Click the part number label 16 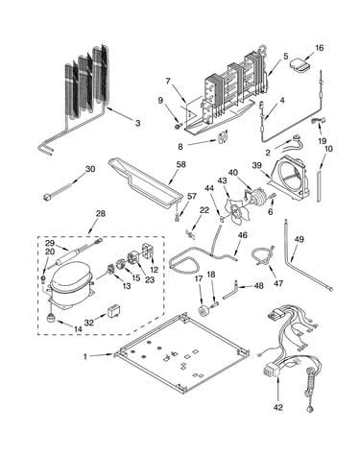pos(320,48)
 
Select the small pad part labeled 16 pos(300,66)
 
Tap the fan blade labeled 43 pos(235,210)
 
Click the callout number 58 pos(181,164)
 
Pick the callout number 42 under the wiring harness pos(278,407)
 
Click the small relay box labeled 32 pos(113,310)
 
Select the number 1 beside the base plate pos(85,356)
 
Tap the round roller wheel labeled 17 pos(203,311)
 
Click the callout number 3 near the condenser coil pos(137,123)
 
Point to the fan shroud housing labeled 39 pos(289,178)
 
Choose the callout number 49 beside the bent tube pos(300,239)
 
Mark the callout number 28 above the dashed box pos(101,213)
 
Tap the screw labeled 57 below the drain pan pos(178,217)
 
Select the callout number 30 pos(90,169)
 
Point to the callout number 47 pos(278,283)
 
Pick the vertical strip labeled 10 pos(319,186)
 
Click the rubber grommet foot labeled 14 pos(51,318)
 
